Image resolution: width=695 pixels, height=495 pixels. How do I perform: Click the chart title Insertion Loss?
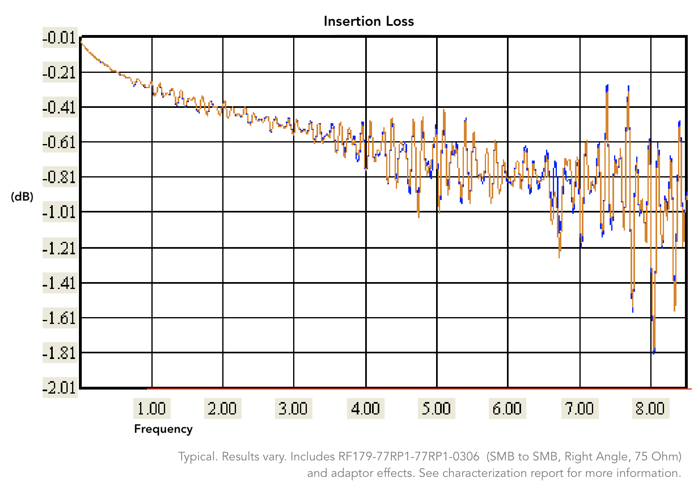pos(368,21)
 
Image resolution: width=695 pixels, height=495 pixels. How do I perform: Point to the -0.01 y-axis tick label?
pos(60,38)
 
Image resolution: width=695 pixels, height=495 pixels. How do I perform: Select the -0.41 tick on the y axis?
pos(60,107)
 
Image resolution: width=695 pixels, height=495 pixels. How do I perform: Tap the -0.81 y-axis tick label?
pos(60,177)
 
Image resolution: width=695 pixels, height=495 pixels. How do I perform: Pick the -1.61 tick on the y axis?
pos(60,318)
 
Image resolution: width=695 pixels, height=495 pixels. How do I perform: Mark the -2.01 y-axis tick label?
pos(60,388)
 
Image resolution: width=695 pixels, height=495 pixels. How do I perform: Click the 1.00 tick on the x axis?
pos(152,408)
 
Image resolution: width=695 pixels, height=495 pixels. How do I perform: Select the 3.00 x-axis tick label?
pos(293,408)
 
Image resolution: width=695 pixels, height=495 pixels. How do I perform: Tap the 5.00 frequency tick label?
pos(436,408)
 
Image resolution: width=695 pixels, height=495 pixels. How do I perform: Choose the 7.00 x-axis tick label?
pos(579,408)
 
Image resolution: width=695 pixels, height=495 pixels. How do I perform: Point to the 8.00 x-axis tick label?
pos(650,408)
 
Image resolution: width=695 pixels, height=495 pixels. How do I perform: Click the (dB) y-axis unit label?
pos(22,196)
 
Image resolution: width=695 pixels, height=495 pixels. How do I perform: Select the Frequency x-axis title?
pos(163,429)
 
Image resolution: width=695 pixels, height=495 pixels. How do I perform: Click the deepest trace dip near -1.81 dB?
pos(653,352)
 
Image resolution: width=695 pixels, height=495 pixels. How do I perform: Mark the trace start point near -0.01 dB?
pos(81,41)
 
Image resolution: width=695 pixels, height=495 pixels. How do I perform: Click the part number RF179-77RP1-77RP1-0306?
pos(409,456)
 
